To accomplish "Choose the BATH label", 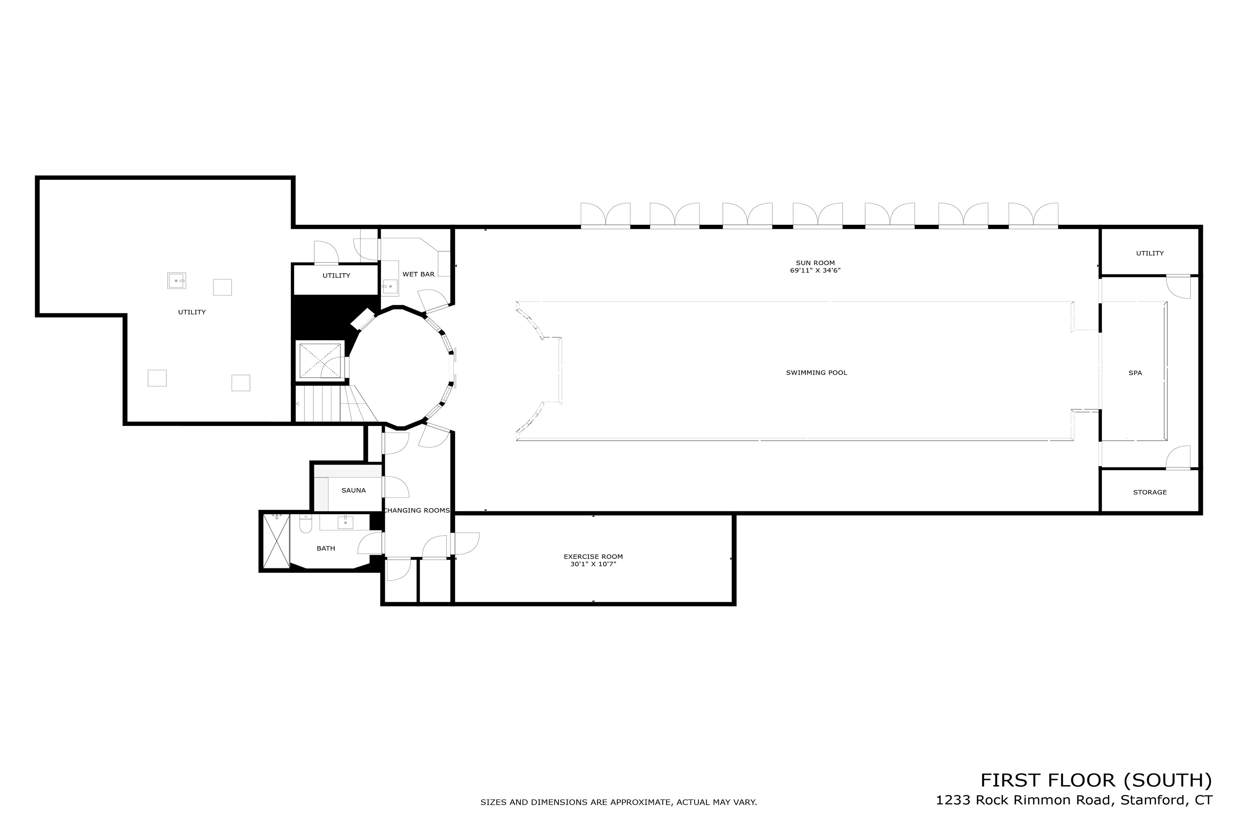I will [x=325, y=548].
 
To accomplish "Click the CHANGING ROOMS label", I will [x=416, y=510].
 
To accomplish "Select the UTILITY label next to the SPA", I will [x=1150, y=253].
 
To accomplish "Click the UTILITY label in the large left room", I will [x=192, y=312].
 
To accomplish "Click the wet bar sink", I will [x=390, y=287].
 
